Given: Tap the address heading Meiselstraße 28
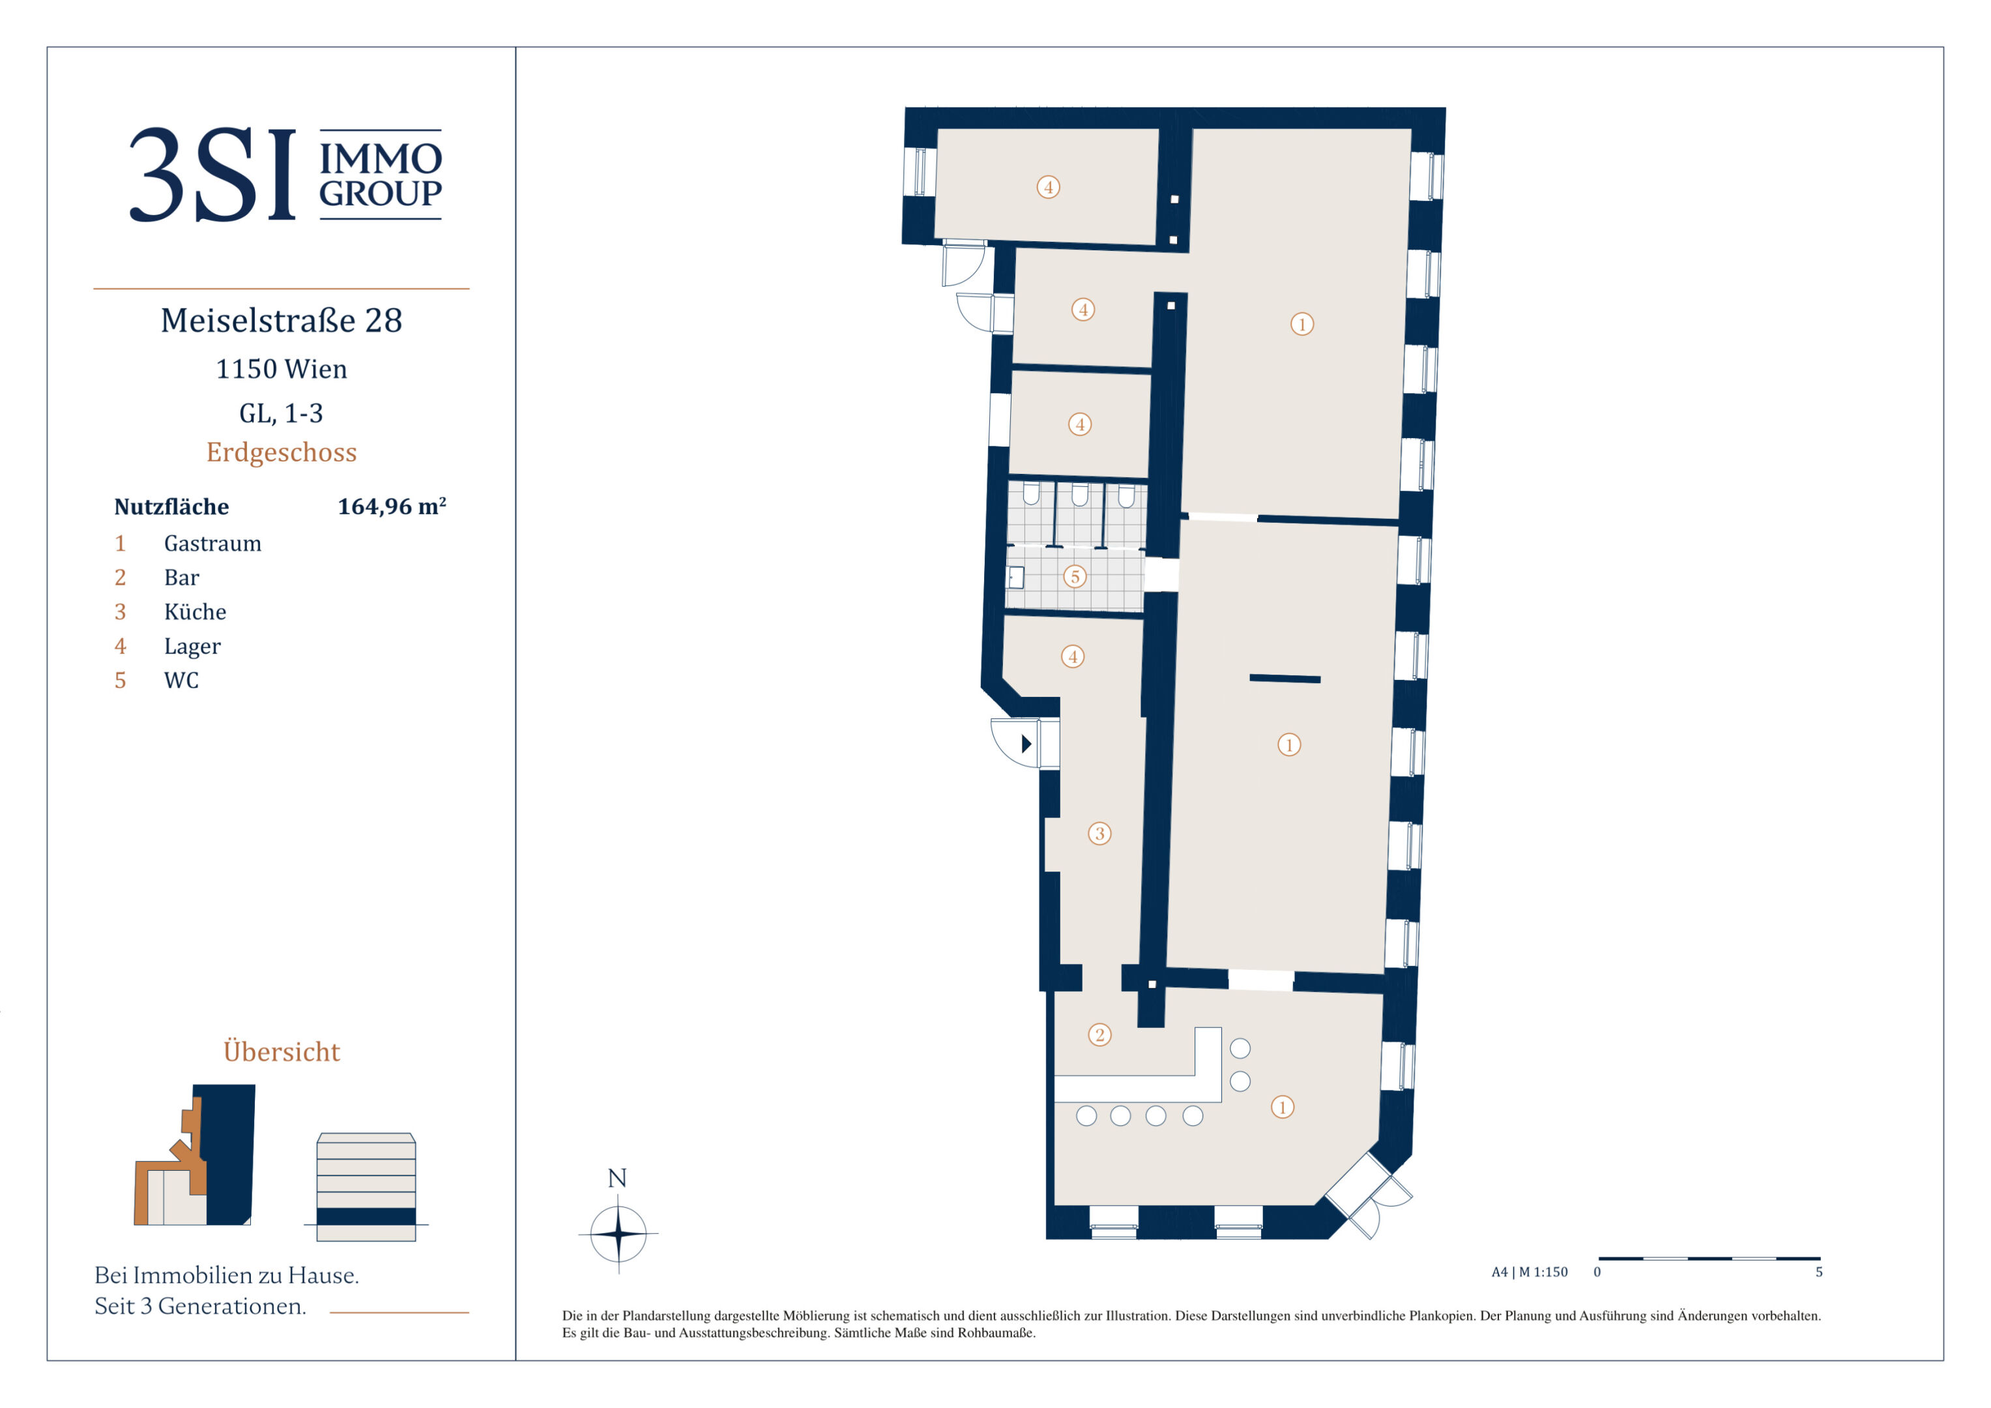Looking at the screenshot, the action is (282, 320).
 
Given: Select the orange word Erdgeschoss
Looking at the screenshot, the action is (282, 452).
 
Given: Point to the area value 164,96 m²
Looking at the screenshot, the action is (392, 506).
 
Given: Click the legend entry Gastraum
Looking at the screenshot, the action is (212, 543).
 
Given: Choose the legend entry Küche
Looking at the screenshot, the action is (195, 611).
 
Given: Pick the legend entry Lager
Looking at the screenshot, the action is (192, 646).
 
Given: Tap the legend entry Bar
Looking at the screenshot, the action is (181, 578).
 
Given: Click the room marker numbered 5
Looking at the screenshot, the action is (1075, 576).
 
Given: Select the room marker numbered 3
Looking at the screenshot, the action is (1099, 834).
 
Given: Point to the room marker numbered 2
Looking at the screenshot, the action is (1099, 1035).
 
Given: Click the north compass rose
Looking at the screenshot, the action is (618, 1233).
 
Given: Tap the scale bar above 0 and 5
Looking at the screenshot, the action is (1709, 1258).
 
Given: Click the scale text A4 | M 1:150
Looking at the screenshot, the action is (1530, 1272).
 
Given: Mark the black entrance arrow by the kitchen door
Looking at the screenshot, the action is (1026, 744).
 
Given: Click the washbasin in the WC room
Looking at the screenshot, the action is (1015, 577).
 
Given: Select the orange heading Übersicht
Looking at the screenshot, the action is (282, 1051).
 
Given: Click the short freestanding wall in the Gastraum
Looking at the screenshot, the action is (1285, 679).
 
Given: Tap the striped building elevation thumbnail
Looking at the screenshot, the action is (367, 1187).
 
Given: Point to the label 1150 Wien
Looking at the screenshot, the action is (282, 369).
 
